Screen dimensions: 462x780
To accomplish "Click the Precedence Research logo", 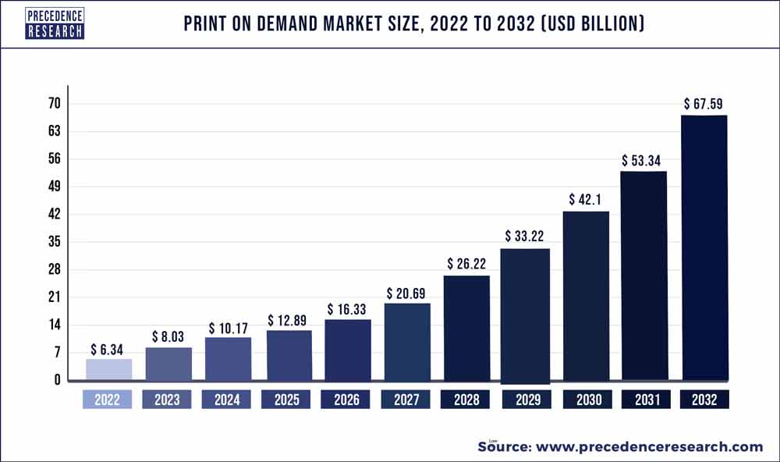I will tap(55, 23).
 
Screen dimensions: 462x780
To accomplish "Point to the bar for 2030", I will tap(586, 296).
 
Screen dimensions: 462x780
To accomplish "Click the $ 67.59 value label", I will tap(705, 103).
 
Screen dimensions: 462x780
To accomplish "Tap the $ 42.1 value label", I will tap(586, 199).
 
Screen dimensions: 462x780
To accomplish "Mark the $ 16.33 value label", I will tap(347, 309).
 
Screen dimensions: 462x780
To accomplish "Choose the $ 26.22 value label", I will tap(467, 264).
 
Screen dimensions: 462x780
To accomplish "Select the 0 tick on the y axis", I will tap(57, 380).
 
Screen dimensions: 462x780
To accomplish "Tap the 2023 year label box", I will tap(167, 400).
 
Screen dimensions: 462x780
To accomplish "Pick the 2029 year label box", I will tap(526, 400).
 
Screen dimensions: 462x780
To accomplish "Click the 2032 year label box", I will tap(704, 400).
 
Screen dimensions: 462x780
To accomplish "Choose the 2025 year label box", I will tap(286, 400).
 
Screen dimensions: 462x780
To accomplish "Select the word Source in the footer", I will tap(503, 446).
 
